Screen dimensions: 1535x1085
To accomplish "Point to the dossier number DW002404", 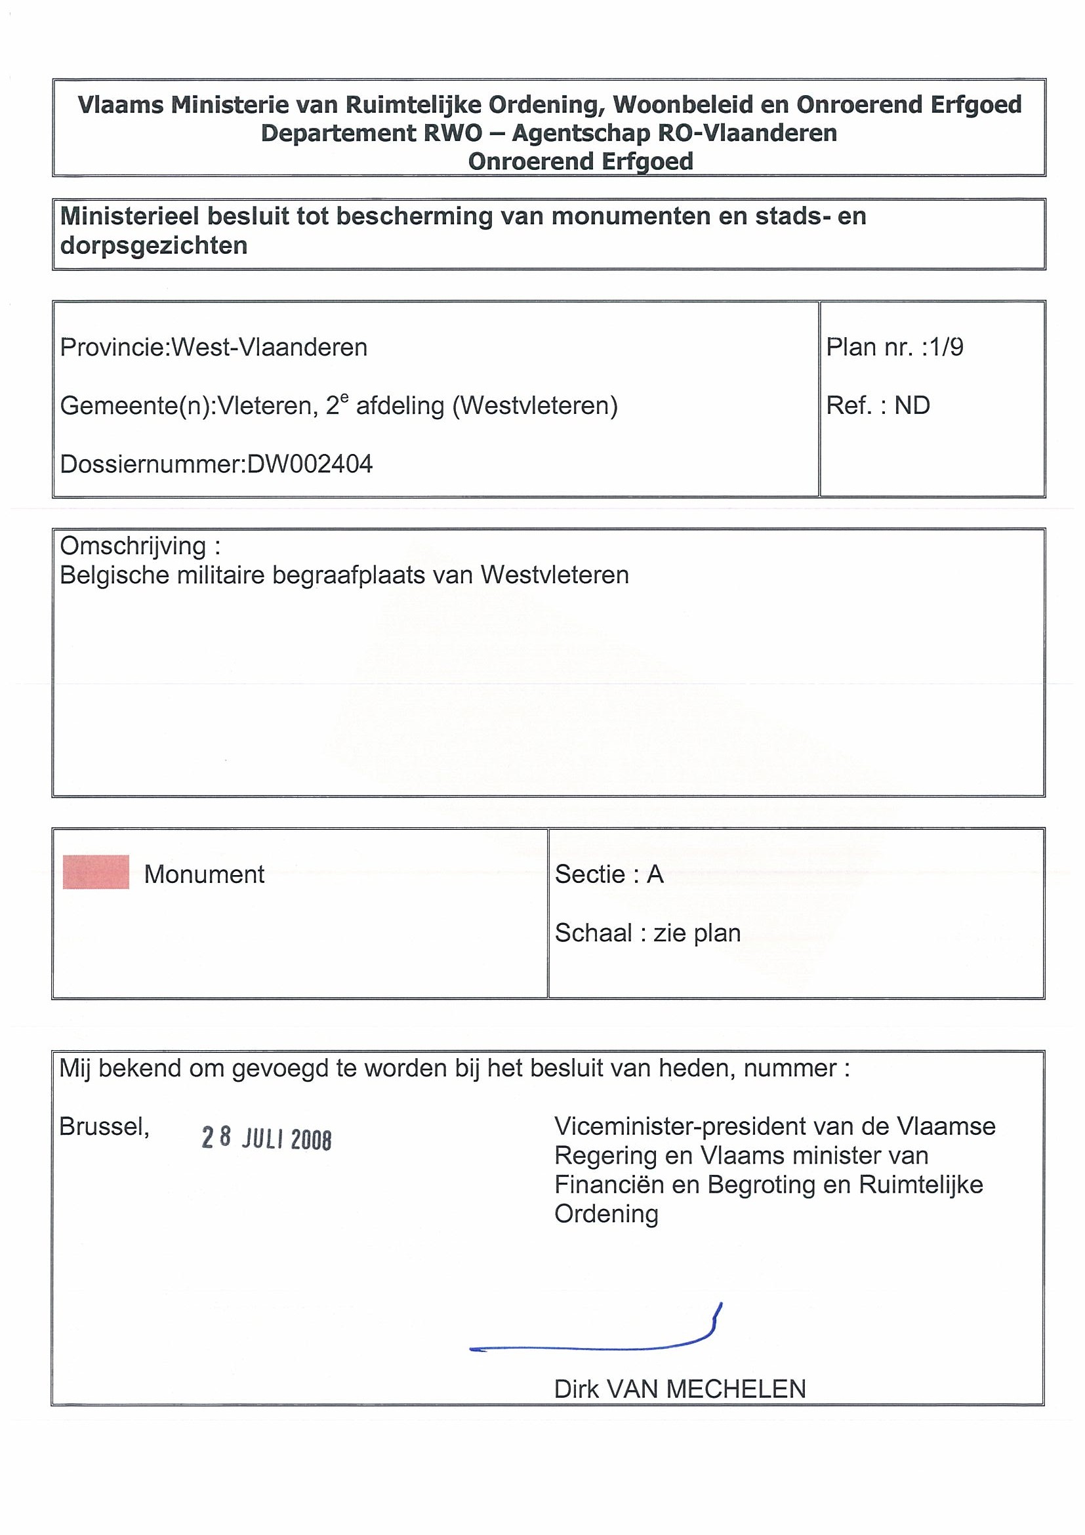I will click(x=310, y=464).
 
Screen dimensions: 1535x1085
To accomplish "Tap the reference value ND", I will click(x=912, y=405).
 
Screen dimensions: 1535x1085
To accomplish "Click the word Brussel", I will click(x=104, y=1126).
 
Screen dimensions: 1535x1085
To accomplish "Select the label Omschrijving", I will click(x=133, y=546).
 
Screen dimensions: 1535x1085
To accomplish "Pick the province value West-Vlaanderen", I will click(x=270, y=348).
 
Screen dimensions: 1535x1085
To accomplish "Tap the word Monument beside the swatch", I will click(x=204, y=874).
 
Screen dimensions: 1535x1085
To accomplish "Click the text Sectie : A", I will click(x=608, y=874).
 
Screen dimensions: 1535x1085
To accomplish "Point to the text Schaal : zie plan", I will click(x=647, y=933).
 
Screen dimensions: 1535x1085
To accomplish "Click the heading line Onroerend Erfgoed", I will click(x=581, y=161).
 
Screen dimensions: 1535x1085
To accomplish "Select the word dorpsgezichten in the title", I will click(x=154, y=246).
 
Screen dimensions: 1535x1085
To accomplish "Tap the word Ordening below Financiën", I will click(x=605, y=1214).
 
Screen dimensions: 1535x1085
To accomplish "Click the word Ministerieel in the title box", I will click(x=130, y=216).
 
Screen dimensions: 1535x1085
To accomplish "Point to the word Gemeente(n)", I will click(x=135, y=406).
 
